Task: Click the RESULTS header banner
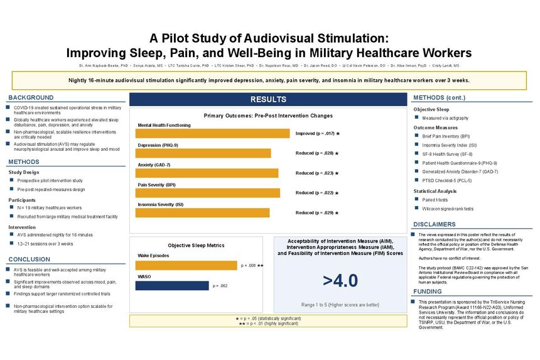tap(268, 99)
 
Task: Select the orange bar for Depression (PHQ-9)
tap(204, 153)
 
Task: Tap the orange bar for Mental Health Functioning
tap(213, 133)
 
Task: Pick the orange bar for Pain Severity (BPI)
tap(208, 193)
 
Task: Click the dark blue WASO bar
tap(171, 286)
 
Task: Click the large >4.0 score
tap(340, 281)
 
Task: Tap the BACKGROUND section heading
tap(31, 98)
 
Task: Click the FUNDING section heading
tap(428, 292)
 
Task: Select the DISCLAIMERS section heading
tap(435, 224)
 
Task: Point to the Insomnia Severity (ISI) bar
tap(203, 213)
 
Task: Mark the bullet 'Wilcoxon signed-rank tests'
tap(448, 209)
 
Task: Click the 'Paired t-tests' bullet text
tap(435, 200)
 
